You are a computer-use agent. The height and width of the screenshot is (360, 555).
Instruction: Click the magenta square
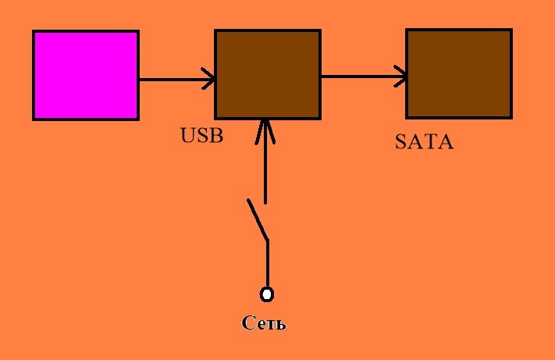click(x=86, y=75)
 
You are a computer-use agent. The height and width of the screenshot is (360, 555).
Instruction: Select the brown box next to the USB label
click(x=267, y=74)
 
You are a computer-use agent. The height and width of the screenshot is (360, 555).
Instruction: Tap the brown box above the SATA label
click(x=459, y=73)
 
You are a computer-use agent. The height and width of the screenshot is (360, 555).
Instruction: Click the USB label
click(x=202, y=137)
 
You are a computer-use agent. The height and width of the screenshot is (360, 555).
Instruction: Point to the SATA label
click(x=424, y=143)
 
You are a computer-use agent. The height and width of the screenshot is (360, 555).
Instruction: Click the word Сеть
click(x=264, y=323)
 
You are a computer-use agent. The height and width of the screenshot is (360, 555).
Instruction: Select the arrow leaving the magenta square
click(x=176, y=79)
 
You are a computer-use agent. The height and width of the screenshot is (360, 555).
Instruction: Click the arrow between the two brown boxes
click(x=363, y=77)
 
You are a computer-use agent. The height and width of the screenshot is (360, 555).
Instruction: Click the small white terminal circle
click(x=267, y=294)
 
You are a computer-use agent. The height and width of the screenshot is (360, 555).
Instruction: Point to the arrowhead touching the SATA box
click(x=401, y=77)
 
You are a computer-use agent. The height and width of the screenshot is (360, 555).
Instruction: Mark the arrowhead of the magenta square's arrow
click(x=209, y=79)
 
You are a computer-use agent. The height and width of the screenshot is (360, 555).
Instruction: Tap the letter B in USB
click(x=216, y=137)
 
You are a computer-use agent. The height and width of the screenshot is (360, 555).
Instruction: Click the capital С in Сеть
click(x=248, y=323)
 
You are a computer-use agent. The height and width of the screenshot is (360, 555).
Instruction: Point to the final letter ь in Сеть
click(x=280, y=324)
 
